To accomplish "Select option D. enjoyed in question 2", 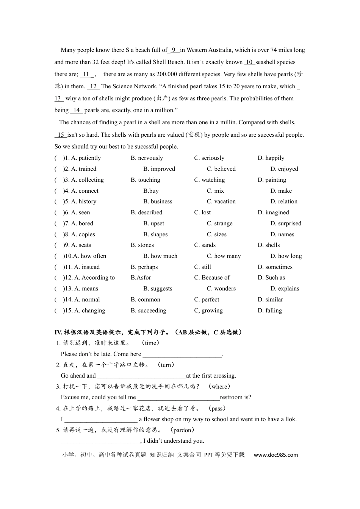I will (284, 169).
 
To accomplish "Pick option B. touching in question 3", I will (145, 180).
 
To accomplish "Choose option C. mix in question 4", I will (215, 191).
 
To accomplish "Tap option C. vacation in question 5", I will (221, 201).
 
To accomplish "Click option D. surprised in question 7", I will (286, 223).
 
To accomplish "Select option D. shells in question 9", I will (269, 245).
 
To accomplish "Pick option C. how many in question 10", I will (224, 256).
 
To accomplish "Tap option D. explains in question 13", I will (285, 289).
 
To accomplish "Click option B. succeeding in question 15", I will (148, 311).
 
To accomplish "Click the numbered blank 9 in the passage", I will (174, 50).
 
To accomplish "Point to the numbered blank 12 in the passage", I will (93, 86).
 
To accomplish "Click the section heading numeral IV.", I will (58, 332).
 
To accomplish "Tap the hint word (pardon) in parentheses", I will (182, 430).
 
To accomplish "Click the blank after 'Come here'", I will (182, 354).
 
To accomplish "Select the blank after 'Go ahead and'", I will (141, 376).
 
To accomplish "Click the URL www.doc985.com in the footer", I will (275, 455).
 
